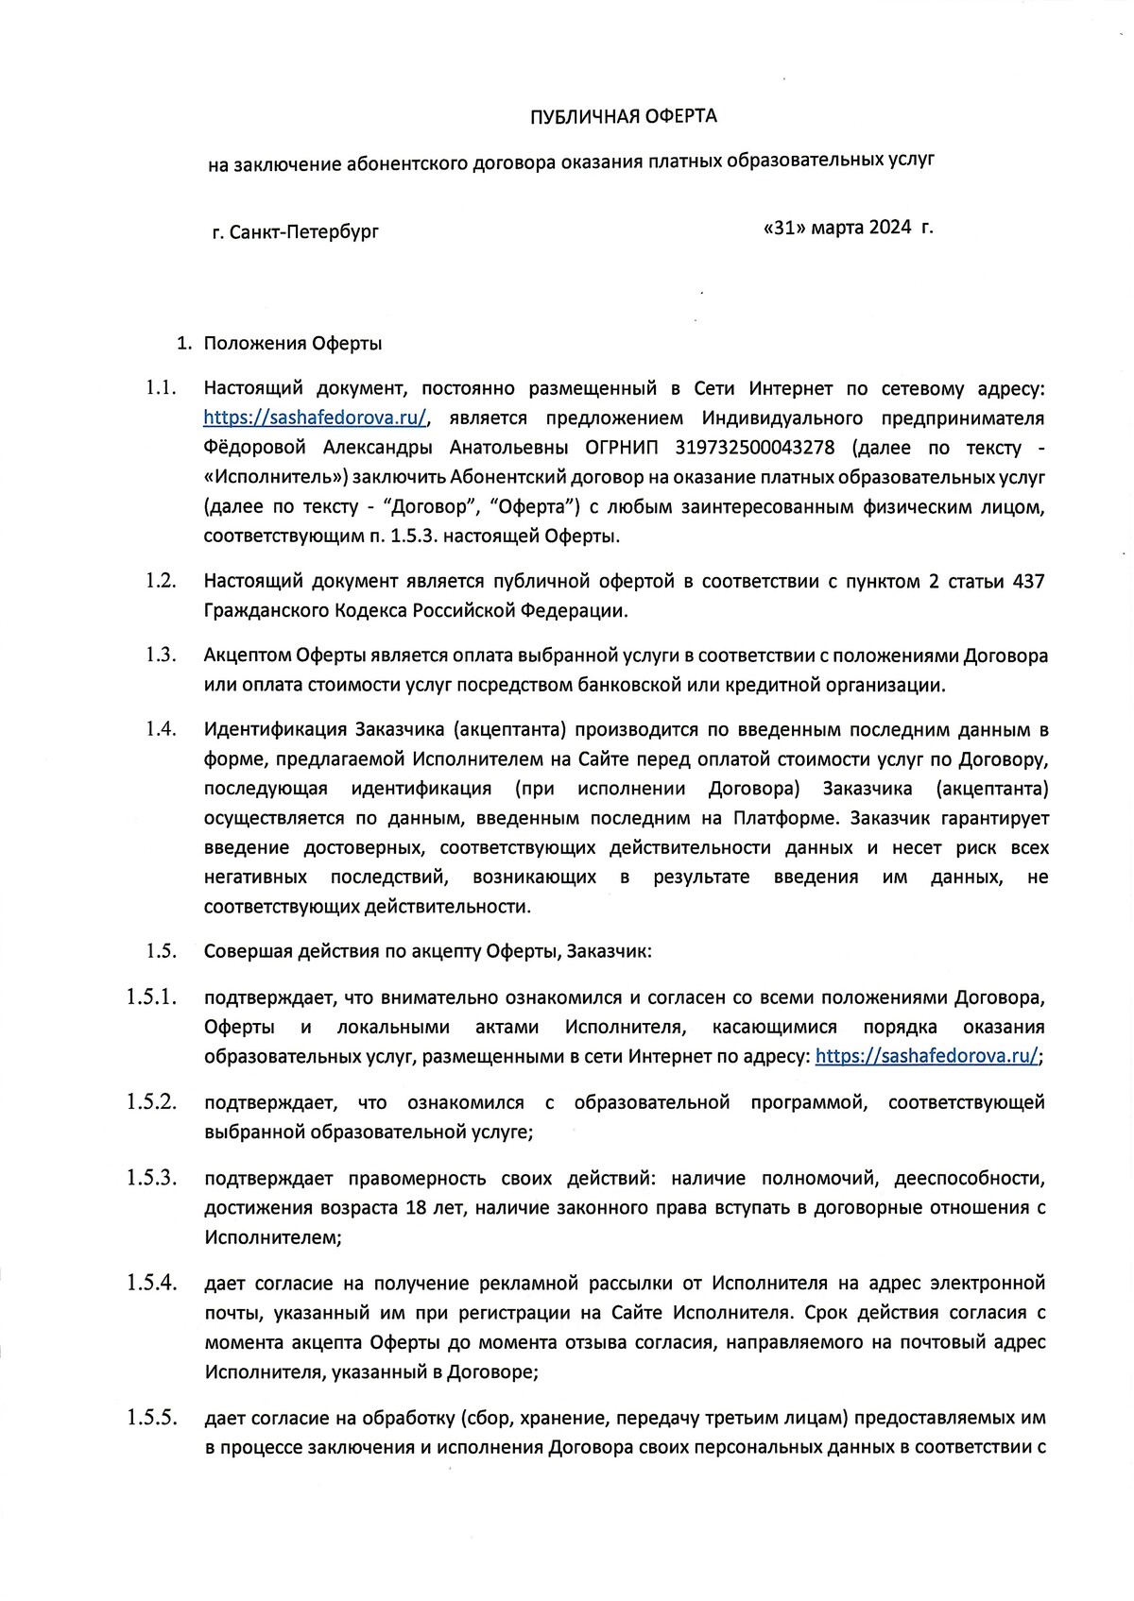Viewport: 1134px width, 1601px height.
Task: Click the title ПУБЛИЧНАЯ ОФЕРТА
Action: [623, 116]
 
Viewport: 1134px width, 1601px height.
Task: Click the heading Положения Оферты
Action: [293, 344]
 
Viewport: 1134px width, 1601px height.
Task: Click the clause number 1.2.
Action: [162, 580]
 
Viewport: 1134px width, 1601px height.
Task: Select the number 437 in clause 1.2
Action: [1028, 581]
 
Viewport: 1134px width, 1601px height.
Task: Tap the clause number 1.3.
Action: [162, 655]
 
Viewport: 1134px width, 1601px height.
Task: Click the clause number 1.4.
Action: [162, 729]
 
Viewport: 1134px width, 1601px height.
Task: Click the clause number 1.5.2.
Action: [152, 1101]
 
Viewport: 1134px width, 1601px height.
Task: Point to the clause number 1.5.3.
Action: [152, 1177]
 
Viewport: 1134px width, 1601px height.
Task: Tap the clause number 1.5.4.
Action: [152, 1282]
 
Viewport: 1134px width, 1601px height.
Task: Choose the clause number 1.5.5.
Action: [152, 1417]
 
